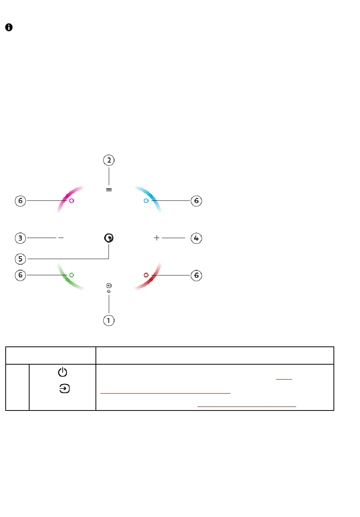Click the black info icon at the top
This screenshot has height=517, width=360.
pyautogui.click(x=9, y=27)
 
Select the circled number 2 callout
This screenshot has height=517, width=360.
pyautogui.click(x=109, y=160)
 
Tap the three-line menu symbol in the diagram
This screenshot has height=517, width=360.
pyautogui.click(x=109, y=190)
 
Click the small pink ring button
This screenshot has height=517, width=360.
pyautogui.click(x=72, y=201)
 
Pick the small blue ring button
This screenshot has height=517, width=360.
pyautogui.click(x=146, y=201)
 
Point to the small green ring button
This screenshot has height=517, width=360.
pyautogui.click(x=72, y=275)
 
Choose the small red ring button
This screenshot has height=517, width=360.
pyautogui.click(x=146, y=275)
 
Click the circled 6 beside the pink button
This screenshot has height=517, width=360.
pyautogui.click(x=20, y=201)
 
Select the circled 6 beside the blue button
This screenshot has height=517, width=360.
pyautogui.click(x=196, y=201)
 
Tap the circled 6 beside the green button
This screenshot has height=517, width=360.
pyautogui.click(x=20, y=275)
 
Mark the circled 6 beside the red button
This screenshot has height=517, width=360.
pyautogui.click(x=196, y=275)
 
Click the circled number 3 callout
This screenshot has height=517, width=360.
pyautogui.click(x=20, y=238)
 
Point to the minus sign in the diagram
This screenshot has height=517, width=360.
pyautogui.click(x=61, y=238)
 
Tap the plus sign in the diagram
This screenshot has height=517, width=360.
pyautogui.click(x=157, y=238)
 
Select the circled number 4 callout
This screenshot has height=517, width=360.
pyautogui.click(x=196, y=238)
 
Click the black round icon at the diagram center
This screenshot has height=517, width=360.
pyautogui.click(x=109, y=238)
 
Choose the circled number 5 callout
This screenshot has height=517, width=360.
pyautogui.click(x=20, y=259)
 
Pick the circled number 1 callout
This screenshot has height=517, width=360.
pyautogui.click(x=109, y=320)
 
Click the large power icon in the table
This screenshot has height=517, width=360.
pyautogui.click(x=63, y=372)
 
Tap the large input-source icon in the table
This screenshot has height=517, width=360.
pyautogui.click(x=64, y=389)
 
